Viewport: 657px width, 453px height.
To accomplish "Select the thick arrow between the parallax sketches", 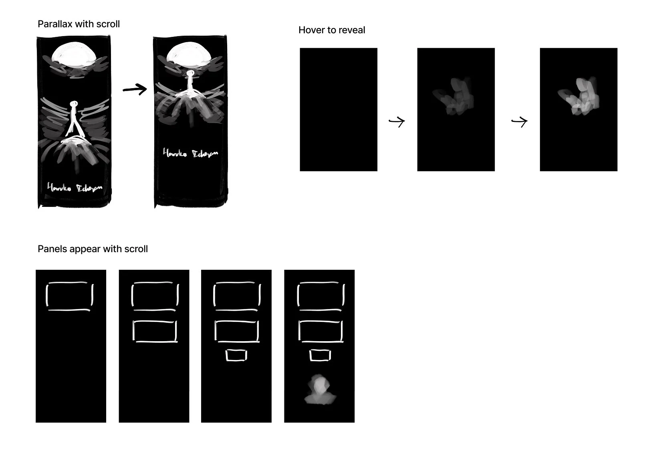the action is pos(135,89).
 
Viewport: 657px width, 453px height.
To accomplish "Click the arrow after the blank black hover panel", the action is pos(397,121).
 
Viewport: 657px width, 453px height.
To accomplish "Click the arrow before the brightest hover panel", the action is pos(520,121).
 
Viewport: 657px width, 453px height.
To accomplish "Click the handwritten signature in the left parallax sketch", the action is pos(75,188).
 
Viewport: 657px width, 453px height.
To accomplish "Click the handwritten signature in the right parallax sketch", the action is pos(190,154).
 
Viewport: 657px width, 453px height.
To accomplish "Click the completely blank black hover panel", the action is pos(339,109).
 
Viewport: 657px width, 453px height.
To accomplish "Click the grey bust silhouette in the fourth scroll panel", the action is pos(320,390).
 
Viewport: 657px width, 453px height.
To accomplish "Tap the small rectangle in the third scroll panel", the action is pos(236,355).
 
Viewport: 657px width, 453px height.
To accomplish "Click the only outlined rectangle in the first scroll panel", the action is pos(70,296).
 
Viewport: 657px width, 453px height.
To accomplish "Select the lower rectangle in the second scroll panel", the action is pos(155,332).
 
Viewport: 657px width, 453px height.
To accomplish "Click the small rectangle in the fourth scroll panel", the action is pos(320,355).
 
